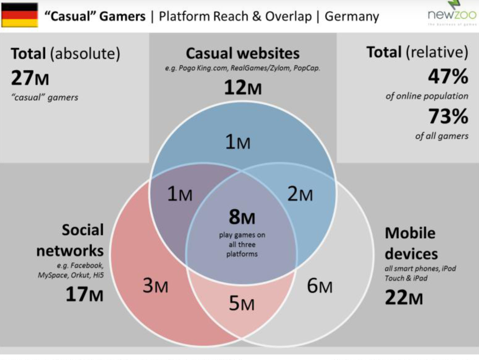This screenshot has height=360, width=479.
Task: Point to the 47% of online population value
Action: click(x=448, y=76)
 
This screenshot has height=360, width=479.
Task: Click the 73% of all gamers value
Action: click(x=448, y=117)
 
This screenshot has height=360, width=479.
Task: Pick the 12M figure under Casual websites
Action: click(x=243, y=88)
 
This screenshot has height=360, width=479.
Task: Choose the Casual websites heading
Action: click(x=243, y=54)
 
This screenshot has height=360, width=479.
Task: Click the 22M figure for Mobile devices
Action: click(x=404, y=297)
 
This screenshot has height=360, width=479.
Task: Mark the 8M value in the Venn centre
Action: click(x=242, y=217)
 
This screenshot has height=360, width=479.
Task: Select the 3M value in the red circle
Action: click(x=156, y=286)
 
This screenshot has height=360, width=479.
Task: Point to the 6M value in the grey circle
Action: click(x=319, y=286)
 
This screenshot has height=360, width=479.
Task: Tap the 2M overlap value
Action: click(x=300, y=194)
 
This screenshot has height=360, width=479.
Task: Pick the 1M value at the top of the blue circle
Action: click(x=238, y=143)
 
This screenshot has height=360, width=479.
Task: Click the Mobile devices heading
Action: click(x=410, y=243)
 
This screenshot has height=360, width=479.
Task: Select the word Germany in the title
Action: click(x=352, y=17)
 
